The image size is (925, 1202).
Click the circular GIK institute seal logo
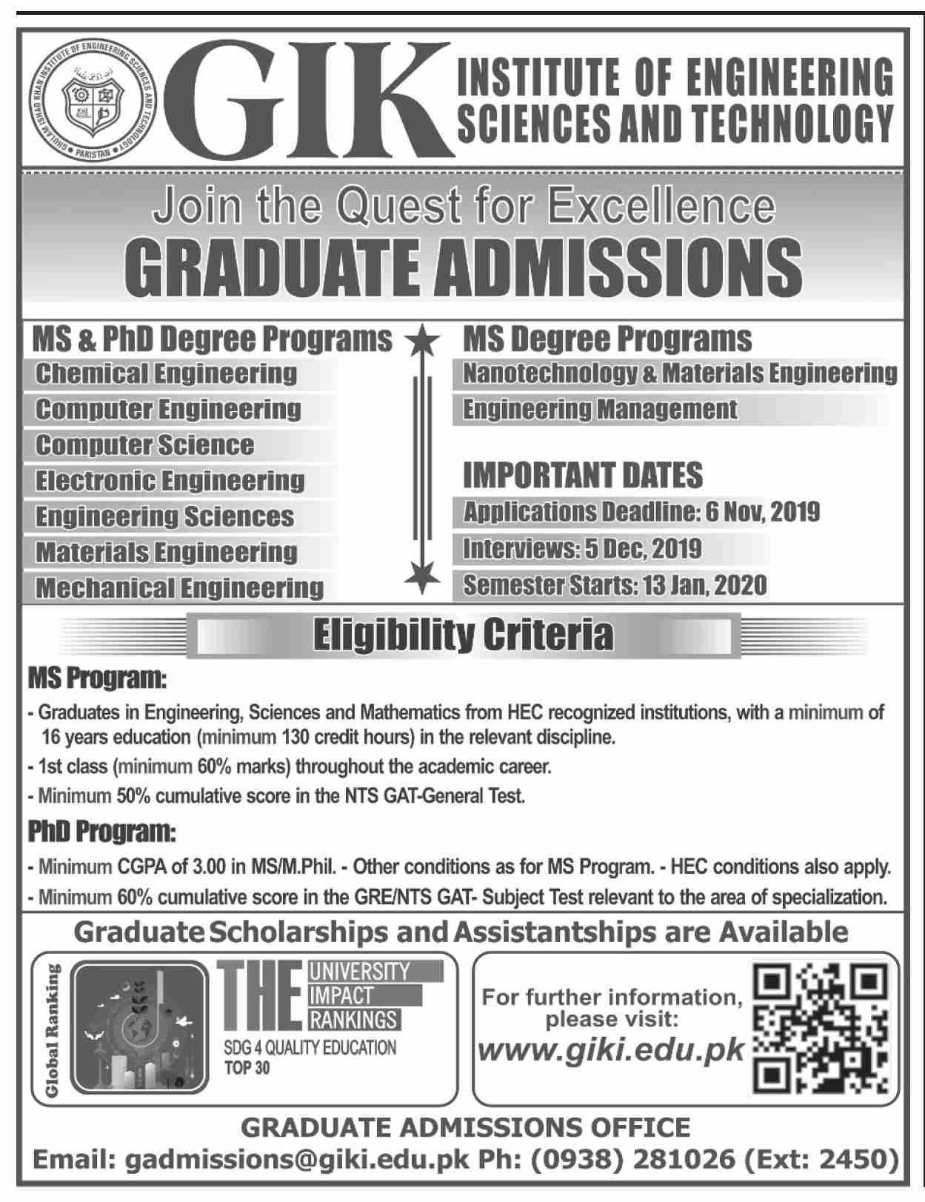93,100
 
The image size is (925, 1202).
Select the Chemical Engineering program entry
166,373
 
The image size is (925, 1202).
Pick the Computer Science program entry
145,445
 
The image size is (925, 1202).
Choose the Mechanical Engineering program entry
180,588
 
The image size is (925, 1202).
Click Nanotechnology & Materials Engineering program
679,373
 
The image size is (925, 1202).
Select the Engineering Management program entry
600,410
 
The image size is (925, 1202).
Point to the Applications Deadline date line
641,512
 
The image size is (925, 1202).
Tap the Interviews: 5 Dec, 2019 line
582,549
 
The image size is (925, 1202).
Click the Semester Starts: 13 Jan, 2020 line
615,585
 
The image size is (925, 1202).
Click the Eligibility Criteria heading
464,635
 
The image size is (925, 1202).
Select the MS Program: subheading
98,678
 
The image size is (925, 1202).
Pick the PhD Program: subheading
102,832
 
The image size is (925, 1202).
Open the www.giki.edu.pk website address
612,1051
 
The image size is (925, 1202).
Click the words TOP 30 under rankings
247,1068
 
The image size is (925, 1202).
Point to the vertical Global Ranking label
51,1029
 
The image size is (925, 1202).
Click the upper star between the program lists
421,341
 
